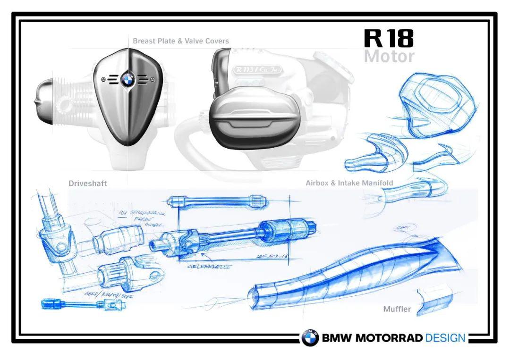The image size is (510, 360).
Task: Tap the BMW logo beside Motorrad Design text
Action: (310, 338)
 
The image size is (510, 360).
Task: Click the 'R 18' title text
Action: (389, 38)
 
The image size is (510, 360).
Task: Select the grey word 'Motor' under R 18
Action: (389, 57)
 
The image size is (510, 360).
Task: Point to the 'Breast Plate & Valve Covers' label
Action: (180, 41)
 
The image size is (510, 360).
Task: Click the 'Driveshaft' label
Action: (88, 184)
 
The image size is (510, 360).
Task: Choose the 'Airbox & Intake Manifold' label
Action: (349, 183)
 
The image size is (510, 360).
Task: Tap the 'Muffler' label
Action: (397, 310)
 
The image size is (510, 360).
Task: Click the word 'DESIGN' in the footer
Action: (445, 338)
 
